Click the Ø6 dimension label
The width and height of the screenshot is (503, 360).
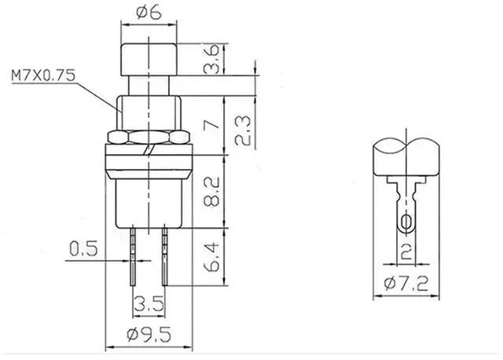[x=149, y=13]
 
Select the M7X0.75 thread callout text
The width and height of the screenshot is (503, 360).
[x=43, y=75]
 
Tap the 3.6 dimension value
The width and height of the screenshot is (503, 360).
[x=211, y=60]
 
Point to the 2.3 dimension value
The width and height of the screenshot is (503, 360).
[x=243, y=130]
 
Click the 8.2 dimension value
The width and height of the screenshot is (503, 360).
[x=211, y=192]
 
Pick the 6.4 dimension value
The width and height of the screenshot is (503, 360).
[x=211, y=257]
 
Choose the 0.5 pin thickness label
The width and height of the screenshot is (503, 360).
[x=83, y=248]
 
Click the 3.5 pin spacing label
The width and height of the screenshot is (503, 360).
[x=149, y=303]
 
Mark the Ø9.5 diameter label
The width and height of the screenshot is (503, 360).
[x=149, y=335]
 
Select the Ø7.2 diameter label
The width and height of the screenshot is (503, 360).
[x=406, y=284]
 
